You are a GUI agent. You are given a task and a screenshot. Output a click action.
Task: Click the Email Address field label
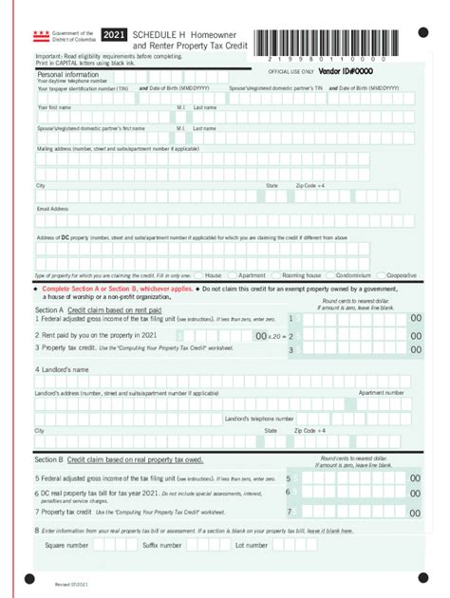tap(53, 208)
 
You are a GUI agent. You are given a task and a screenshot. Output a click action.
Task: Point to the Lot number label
tap(252, 546)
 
